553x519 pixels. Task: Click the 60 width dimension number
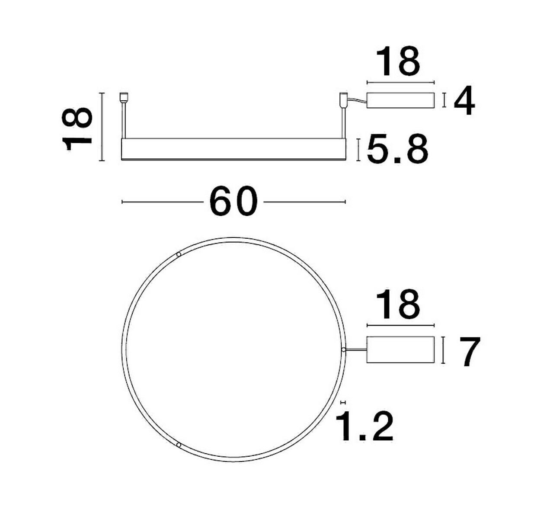pyautogui.click(x=233, y=202)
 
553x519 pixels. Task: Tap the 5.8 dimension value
pyautogui.click(x=397, y=150)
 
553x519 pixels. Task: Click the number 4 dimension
pyautogui.click(x=464, y=102)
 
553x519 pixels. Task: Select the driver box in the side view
pyautogui.click(x=400, y=100)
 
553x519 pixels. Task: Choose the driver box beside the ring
pyautogui.click(x=400, y=349)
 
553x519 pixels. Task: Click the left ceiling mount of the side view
pyautogui.click(x=124, y=97)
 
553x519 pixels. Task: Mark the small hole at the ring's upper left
pyautogui.click(x=179, y=255)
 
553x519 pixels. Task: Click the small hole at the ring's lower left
pyautogui.click(x=178, y=444)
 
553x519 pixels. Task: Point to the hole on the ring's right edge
pyautogui.click(x=343, y=349)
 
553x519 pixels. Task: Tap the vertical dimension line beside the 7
pyautogui.click(x=444, y=350)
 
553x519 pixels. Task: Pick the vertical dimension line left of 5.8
pyautogui.click(x=358, y=150)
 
